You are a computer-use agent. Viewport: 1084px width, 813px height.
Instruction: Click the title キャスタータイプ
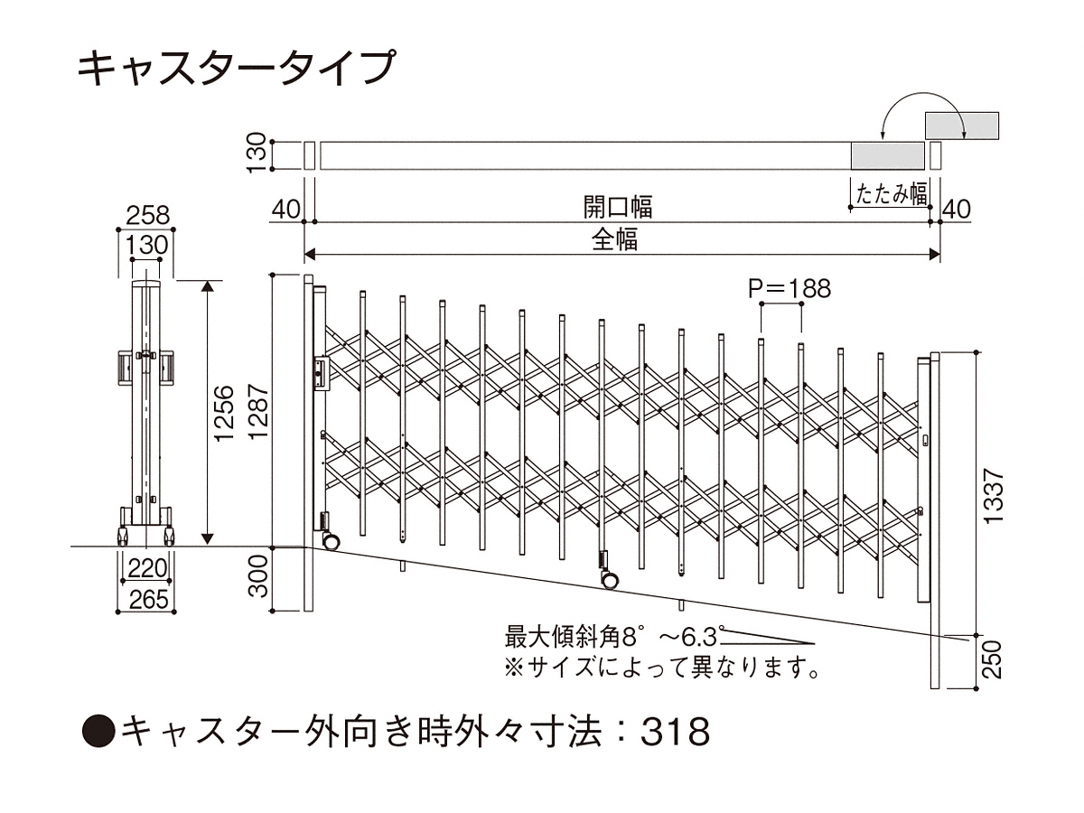pyautogui.click(x=237, y=69)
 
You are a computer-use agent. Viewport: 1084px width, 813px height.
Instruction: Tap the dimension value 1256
pyautogui.click(x=226, y=413)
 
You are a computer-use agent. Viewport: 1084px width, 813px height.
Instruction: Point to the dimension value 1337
pyautogui.click(x=994, y=496)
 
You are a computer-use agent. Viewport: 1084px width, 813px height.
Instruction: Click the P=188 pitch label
pyautogui.click(x=789, y=288)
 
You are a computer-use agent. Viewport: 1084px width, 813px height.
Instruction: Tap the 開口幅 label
pyautogui.click(x=618, y=208)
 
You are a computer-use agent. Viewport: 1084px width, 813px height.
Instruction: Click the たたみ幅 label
pyautogui.click(x=892, y=193)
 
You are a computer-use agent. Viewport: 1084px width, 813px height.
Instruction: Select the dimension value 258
pyautogui.click(x=147, y=215)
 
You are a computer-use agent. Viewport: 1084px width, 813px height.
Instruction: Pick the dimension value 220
pyautogui.click(x=147, y=568)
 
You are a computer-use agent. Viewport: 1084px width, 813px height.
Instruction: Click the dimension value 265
pyautogui.click(x=147, y=599)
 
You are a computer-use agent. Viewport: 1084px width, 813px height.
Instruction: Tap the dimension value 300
pyautogui.click(x=259, y=579)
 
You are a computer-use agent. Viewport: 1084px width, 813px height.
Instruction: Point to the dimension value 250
pyautogui.click(x=994, y=660)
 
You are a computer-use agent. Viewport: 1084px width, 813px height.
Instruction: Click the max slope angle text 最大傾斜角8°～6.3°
pyautogui.click(x=614, y=638)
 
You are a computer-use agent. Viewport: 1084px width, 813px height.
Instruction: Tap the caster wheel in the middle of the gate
pyautogui.click(x=607, y=578)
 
